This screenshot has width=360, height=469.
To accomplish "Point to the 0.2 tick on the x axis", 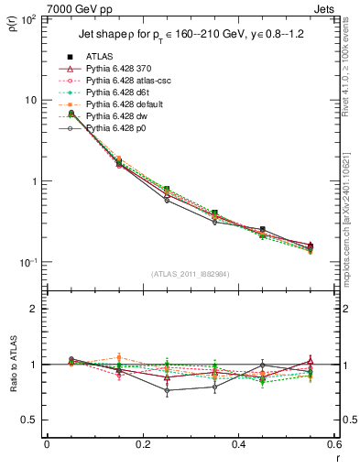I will click(x=142, y=444).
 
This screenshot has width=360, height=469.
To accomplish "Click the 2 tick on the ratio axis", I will click(x=38, y=309).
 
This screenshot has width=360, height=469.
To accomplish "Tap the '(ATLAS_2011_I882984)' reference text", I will click(x=191, y=274).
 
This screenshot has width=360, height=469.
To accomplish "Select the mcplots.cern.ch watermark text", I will click(x=352, y=220).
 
